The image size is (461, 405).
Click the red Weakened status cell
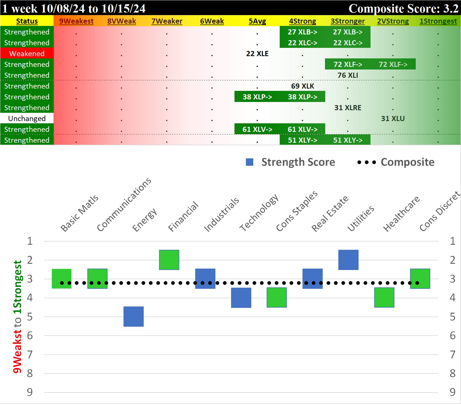(27, 54)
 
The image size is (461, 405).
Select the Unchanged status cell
(27, 118)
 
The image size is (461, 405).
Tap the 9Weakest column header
(76, 21)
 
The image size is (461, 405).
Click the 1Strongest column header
(438, 21)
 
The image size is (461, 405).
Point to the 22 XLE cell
(257, 54)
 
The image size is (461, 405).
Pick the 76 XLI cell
(347, 75)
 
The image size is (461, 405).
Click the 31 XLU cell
(393, 118)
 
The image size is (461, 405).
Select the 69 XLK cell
(302, 86)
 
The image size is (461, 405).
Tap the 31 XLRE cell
(347, 108)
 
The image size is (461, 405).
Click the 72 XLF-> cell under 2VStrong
(393, 64)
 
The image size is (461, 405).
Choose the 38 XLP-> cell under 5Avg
(257, 97)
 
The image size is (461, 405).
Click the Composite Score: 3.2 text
(403, 8)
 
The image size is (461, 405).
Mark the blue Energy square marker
(133, 316)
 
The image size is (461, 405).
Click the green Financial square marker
(169, 260)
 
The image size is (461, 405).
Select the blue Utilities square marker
(348, 260)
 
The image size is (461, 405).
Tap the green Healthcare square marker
(384, 297)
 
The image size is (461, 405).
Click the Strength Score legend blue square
(250, 162)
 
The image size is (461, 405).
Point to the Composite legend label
(407, 162)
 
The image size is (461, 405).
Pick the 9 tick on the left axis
(30, 392)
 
